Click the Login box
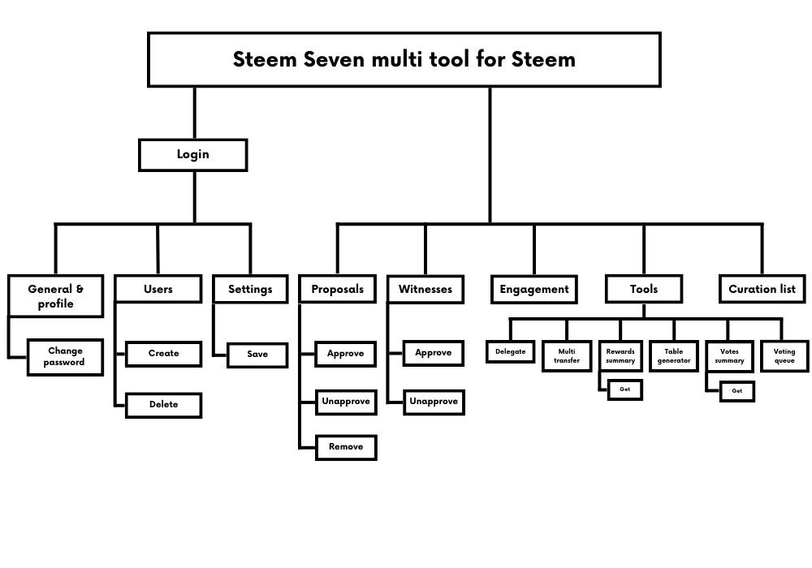tap(192, 154)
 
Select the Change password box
tap(65, 357)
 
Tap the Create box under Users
tap(163, 354)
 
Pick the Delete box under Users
tap(163, 404)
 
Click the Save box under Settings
tap(257, 355)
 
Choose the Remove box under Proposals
tap(346, 447)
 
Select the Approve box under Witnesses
tap(434, 354)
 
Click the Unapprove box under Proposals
tap(346, 402)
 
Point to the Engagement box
tap(533, 289)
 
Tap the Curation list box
tap(762, 289)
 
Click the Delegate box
tap(511, 352)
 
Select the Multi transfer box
tap(567, 356)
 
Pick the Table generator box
tap(673, 356)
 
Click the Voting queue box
tap(784, 356)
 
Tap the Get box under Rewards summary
tap(624, 389)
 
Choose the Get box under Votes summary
tap(736, 391)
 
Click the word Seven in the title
tap(335, 59)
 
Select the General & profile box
tap(55, 296)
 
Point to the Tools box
tap(643, 289)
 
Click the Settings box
tap(250, 289)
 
